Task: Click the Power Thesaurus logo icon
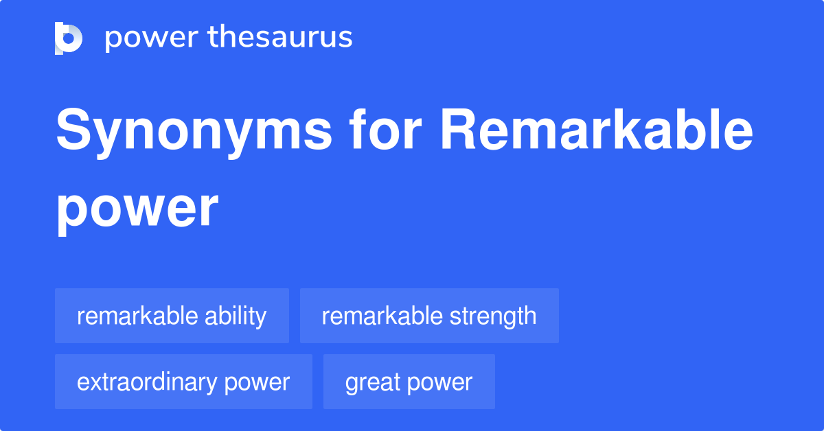pyautogui.click(x=69, y=38)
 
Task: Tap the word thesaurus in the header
pyautogui.click(x=281, y=37)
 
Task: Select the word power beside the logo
pyautogui.click(x=150, y=38)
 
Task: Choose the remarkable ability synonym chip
pyautogui.click(x=172, y=316)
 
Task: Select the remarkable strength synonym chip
pyautogui.click(x=429, y=316)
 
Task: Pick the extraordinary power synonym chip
pyautogui.click(x=183, y=382)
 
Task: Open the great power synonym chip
pyautogui.click(x=409, y=382)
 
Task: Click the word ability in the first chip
pyautogui.click(x=236, y=316)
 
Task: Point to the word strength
pyautogui.click(x=493, y=316)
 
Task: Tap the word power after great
pyautogui.click(x=442, y=382)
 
